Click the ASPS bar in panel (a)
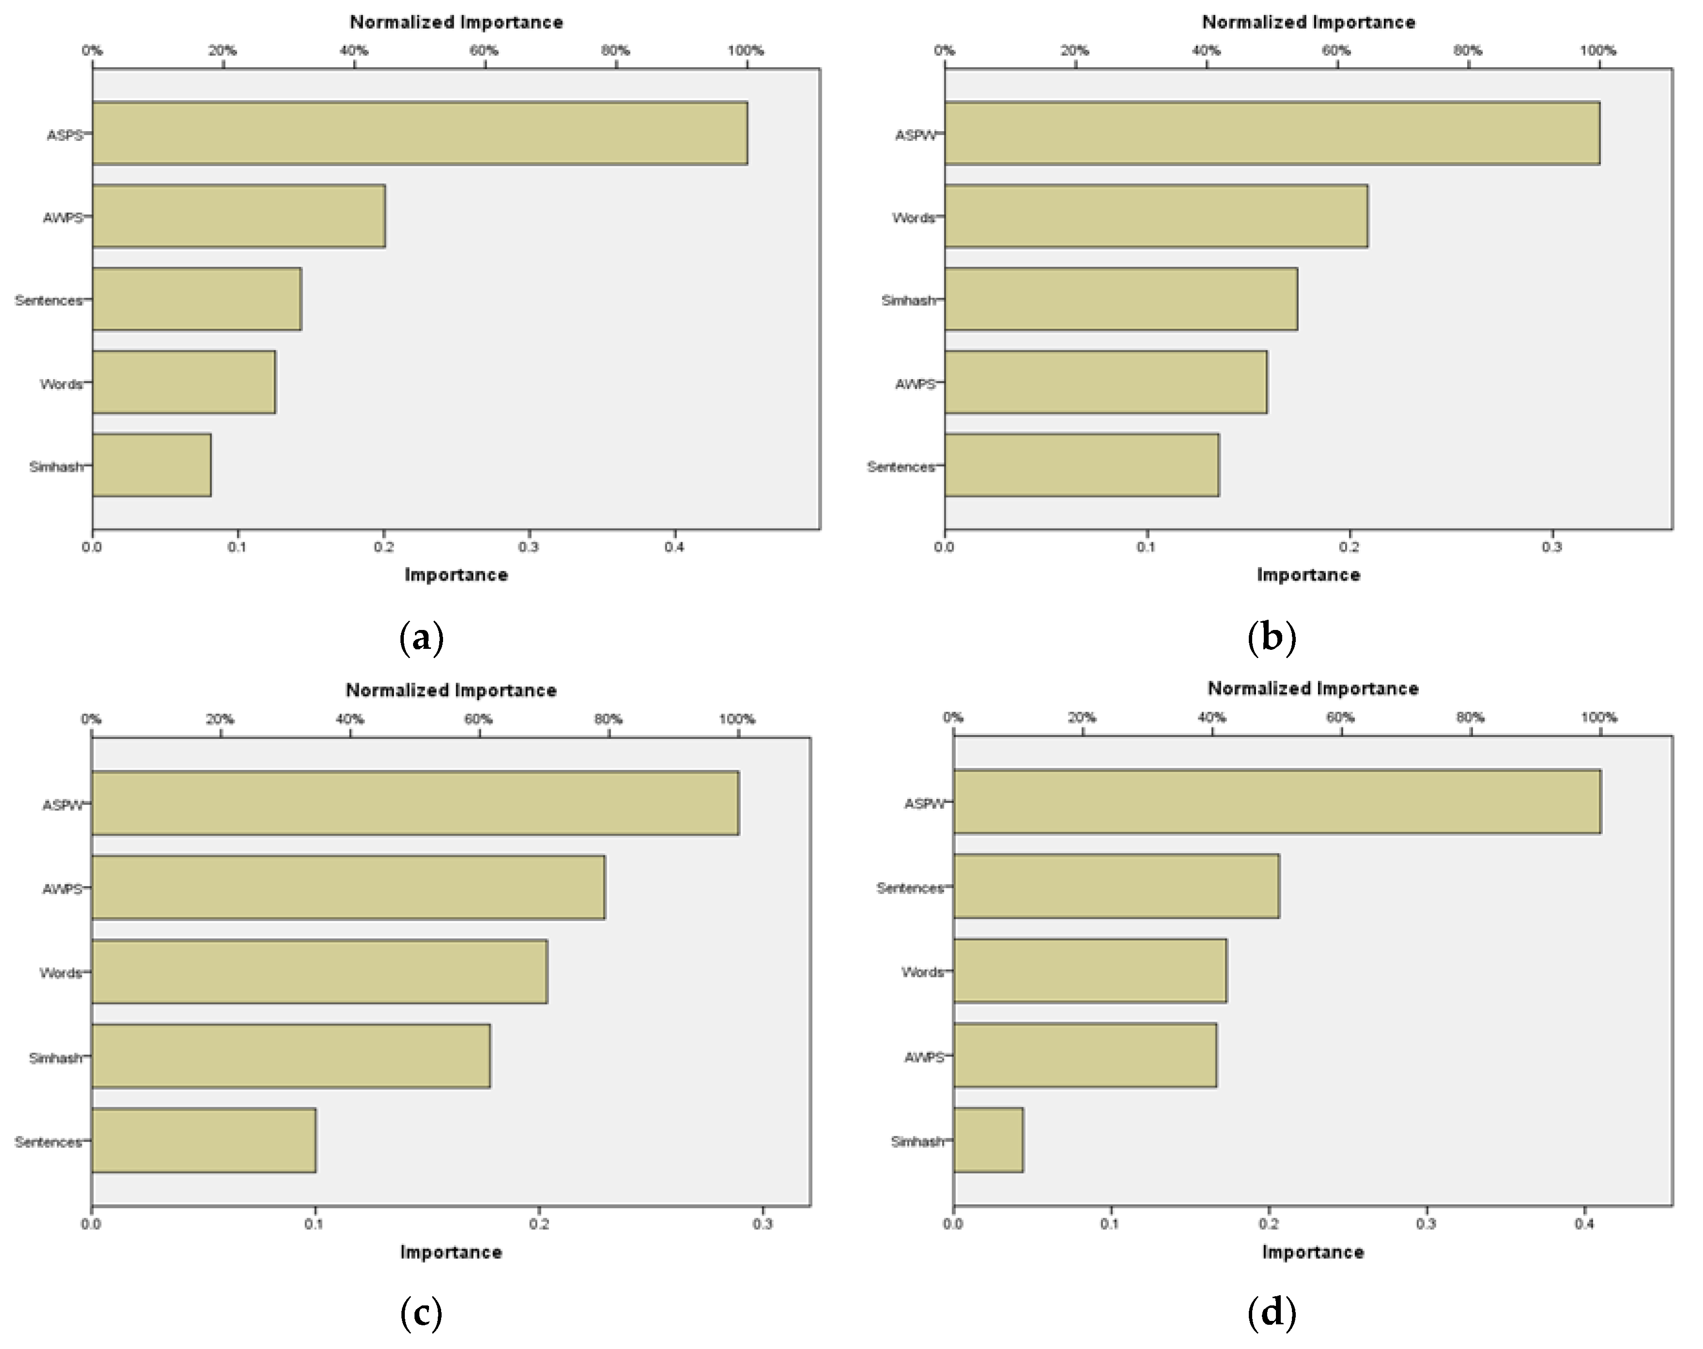tap(419, 133)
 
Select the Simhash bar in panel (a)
tap(152, 465)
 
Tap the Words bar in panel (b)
tap(1156, 216)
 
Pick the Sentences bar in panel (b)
tap(1081, 465)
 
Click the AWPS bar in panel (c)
tap(348, 888)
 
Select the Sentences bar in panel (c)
tap(204, 1140)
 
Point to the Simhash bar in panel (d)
tap(988, 1140)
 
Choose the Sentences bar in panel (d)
tap(1116, 886)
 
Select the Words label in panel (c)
tap(61, 973)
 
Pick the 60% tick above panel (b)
tap(1336, 50)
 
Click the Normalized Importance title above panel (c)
tap(451, 690)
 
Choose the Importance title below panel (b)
tap(1308, 575)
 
